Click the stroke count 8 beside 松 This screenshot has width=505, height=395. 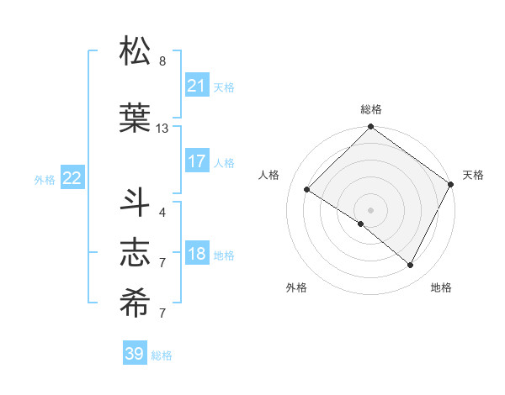[162, 61]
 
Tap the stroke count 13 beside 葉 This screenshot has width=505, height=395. [162, 129]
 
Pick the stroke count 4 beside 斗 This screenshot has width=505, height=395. [162, 212]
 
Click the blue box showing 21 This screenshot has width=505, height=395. [196, 86]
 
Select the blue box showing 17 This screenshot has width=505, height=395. [196, 161]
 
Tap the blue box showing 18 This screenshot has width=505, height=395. [196, 255]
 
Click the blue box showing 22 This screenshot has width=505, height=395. [72, 177]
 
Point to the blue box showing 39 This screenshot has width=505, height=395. [134, 354]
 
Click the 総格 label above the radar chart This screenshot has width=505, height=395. [370, 109]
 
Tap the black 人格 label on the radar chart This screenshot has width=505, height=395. [269, 175]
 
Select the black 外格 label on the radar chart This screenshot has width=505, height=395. [296, 287]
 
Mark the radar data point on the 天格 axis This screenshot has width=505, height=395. [451, 185]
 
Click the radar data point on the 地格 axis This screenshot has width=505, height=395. [411, 266]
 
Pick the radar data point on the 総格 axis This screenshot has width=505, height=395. [370, 128]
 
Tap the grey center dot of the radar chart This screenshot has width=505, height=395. [370, 209]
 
